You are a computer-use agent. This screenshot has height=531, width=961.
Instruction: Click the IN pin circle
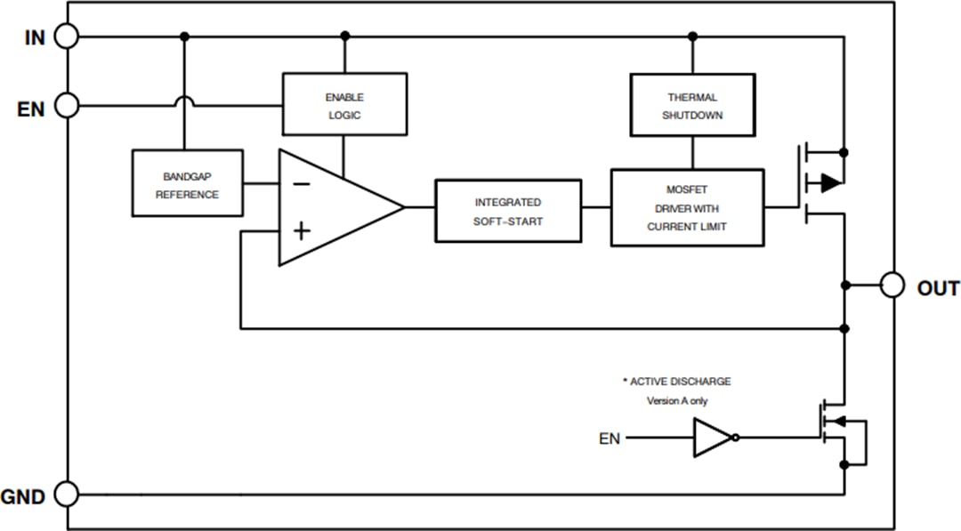(x=67, y=36)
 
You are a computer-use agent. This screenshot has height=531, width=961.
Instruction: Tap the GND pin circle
(x=67, y=494)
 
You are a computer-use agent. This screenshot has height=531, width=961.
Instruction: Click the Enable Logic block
(x=344, y=104)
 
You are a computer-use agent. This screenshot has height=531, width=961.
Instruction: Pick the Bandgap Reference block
(x=187, y=183)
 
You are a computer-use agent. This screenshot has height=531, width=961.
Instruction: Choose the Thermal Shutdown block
(x=692, y=105)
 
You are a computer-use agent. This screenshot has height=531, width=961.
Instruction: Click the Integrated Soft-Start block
(x=508, y=211)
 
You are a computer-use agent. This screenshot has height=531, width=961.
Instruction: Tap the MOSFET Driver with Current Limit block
(x=687, y=207)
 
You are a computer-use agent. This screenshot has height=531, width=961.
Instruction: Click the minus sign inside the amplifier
(x=302, y=184)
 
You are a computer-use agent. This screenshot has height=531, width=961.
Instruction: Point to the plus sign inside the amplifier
(x=302, y=231)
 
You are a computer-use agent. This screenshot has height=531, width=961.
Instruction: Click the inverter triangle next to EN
(x=713, y=438)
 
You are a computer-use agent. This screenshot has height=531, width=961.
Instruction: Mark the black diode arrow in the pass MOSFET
(x=829, y=183)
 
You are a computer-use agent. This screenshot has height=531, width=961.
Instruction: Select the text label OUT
(x=938, y=288)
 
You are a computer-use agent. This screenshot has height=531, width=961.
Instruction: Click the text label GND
(x=24, y=497)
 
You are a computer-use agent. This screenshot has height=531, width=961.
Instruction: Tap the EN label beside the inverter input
(x=610, y=438)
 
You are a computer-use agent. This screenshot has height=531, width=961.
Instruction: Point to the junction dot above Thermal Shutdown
(x=692, y=36)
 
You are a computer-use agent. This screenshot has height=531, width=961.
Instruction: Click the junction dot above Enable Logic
(x=345, y=36)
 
